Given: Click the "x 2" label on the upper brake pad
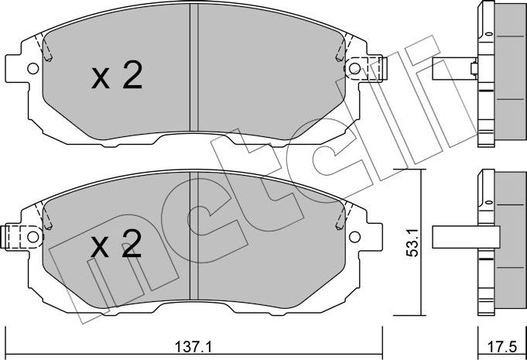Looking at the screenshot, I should (116, 77).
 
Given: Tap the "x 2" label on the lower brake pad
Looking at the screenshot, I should (116, 246).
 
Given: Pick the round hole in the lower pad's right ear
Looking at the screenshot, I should (354, 236).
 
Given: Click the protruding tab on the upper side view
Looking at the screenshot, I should (453, 70).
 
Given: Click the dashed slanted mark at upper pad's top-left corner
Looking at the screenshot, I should (46, 50).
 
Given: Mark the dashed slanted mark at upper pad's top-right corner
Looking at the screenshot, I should (340, 50).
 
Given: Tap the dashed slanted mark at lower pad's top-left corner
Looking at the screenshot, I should (46, 216).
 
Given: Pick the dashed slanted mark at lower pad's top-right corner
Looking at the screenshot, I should (340, 217).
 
